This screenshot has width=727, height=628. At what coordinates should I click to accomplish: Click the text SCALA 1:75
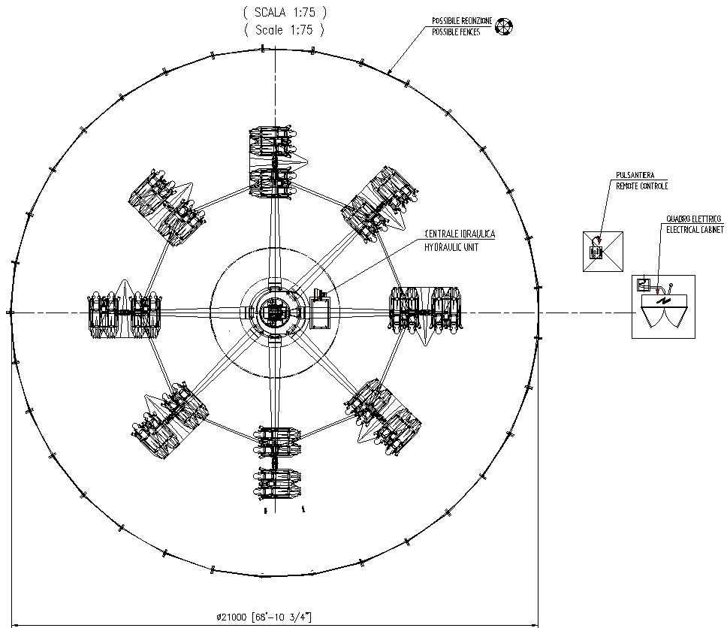coord(285,12)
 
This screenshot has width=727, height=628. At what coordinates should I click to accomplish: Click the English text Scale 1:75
coord(285,30)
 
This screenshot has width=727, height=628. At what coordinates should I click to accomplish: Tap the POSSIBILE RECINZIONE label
coord(461,21)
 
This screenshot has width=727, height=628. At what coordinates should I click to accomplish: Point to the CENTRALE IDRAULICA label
coord(460,234)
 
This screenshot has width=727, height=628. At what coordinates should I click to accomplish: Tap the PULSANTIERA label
coord(634,175)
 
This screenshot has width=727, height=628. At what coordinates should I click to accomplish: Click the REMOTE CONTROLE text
coord(641,186)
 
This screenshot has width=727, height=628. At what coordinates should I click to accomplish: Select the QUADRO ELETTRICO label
coord(693,219)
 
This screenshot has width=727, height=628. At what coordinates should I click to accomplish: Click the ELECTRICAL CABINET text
coord(695,229)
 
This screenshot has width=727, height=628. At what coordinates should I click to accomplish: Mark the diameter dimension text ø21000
coord(263,617)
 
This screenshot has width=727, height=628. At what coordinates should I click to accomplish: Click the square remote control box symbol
coord(604,251)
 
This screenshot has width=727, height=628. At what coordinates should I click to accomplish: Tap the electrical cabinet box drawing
coord(663,306)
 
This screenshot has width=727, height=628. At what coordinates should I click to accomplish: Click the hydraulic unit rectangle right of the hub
coord(320,312)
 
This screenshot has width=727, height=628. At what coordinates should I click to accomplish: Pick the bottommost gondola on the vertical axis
coord(276,466)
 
